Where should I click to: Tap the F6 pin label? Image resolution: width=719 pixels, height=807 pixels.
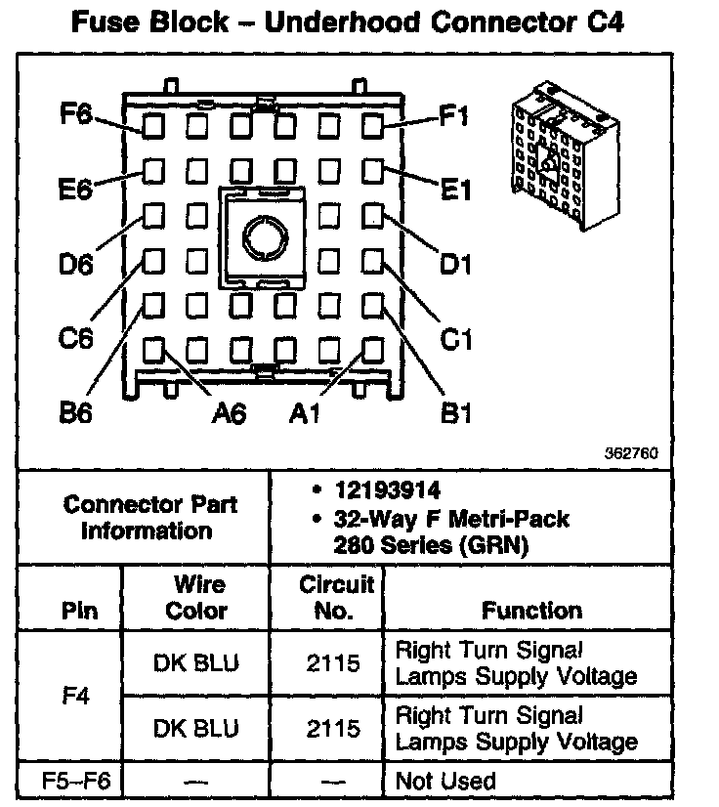click(75, 115)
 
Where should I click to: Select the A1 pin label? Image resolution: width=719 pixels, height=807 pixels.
click(305, 413)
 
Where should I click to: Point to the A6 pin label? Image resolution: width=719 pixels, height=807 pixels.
click(229, 413)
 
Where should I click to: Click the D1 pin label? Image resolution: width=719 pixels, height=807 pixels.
click(455, 264)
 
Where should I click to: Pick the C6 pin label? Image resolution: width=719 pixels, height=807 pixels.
click(75, 339)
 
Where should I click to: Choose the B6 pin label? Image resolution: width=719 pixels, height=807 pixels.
click(75, 413)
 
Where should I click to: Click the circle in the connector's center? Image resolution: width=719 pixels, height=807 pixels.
click(261, 235)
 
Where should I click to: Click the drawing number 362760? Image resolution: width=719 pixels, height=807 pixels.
click(631, 453)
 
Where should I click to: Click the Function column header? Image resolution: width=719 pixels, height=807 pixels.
click(531, 611)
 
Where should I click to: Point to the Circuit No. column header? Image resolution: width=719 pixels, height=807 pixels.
click(335, 598)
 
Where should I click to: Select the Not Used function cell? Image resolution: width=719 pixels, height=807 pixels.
click(444, 782)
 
